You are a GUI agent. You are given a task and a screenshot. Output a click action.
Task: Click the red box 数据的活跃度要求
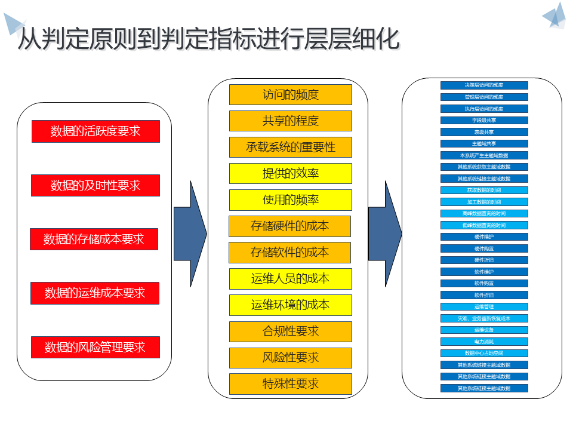point(95,131)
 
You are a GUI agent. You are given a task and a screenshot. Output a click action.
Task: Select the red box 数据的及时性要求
point(95,185)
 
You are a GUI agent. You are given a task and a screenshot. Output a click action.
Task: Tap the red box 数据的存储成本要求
point(94,239)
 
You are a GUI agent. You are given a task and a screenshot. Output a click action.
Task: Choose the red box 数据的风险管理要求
point(95,347)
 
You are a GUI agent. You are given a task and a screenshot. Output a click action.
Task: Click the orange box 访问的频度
point(291,94)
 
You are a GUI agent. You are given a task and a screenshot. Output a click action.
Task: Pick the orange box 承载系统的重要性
point(291,147)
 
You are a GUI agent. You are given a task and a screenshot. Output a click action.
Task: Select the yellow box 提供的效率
point(291,173)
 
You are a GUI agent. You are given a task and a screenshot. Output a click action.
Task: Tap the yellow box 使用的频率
point(291,199)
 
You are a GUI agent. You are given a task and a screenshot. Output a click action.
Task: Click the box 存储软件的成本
point(290,252)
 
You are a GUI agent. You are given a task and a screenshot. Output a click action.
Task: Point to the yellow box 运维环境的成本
point(291,305)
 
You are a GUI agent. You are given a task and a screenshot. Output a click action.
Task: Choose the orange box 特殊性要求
point(291,383)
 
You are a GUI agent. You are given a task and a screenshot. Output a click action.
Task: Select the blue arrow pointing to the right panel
point(384,234)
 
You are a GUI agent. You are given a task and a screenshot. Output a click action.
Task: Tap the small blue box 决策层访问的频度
point(484,85)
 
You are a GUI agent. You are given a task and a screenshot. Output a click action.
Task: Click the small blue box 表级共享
point(484,132)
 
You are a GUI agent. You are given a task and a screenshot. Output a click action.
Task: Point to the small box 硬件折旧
point(484,260)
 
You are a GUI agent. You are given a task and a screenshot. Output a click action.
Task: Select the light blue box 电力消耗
point(484,342)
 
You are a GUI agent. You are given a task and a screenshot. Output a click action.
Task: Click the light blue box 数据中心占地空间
point(484,353)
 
